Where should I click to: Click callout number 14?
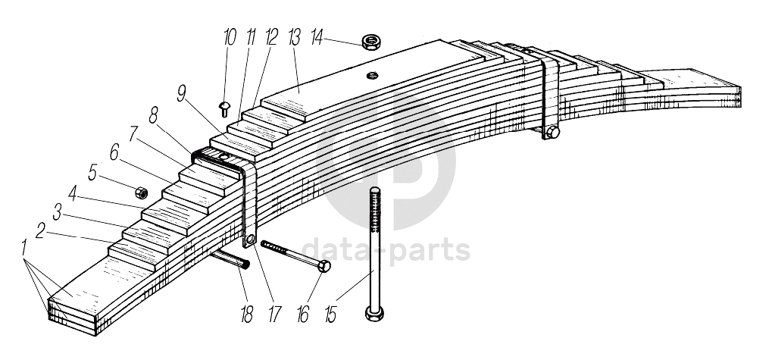pyautogui.click(x=317, y=37)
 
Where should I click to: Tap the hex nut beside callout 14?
pyautogui.click(x=370, y=42)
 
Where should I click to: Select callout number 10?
pyautogui.click(x=230, y=37)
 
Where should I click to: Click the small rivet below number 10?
pyautogui.click(x=224, y=108)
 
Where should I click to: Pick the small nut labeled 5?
pyautogui.click(x=142, y=192)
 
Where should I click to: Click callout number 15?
pyautogui.click(x=330, y=315)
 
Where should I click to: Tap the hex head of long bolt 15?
pyautogui.click(x=375, y=313)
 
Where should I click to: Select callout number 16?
pyautogui.click(x=303, y=315)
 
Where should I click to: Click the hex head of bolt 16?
pyautogui.click(x=324, y=267)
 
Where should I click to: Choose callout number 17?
pyautogui.click(x=274, y=315)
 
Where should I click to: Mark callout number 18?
pyautogui.click(x=247, y=315)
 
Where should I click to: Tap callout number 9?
pyautogui.click(x=182, y=93)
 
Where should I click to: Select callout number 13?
pyautogui.click(x=295, y=37)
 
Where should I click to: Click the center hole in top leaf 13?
pyautogui.click(x=372, y=75)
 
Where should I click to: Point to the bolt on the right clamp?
pyautogui.click(x=552, y=132)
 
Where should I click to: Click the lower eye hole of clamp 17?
pyautogui.click(x=250, y=239)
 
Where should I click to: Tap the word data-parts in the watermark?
pyautogui.click(x=386, y=251)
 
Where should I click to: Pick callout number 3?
pyautogui.click(x=57, y=213)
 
